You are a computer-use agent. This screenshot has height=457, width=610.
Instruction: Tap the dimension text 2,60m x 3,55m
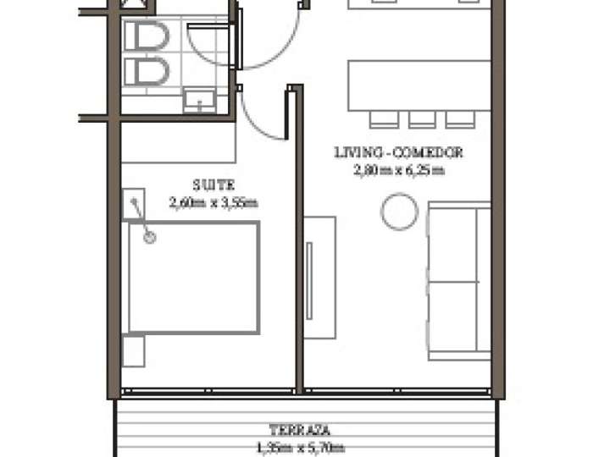point(213,201)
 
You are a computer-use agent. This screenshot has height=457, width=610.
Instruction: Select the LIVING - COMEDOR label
point(397,153)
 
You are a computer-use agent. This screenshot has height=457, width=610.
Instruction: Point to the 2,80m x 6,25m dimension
point(397,170)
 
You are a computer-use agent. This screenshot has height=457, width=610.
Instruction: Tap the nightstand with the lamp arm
point(136,205)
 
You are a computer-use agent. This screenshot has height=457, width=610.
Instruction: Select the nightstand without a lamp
point(134,350)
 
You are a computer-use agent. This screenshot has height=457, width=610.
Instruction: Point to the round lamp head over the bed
point(150,238)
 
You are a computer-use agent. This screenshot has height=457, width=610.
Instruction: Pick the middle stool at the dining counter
point(422,118)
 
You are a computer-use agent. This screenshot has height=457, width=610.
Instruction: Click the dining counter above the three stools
point(419,84)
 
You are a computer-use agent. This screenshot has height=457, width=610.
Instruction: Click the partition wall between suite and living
point(298,254)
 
